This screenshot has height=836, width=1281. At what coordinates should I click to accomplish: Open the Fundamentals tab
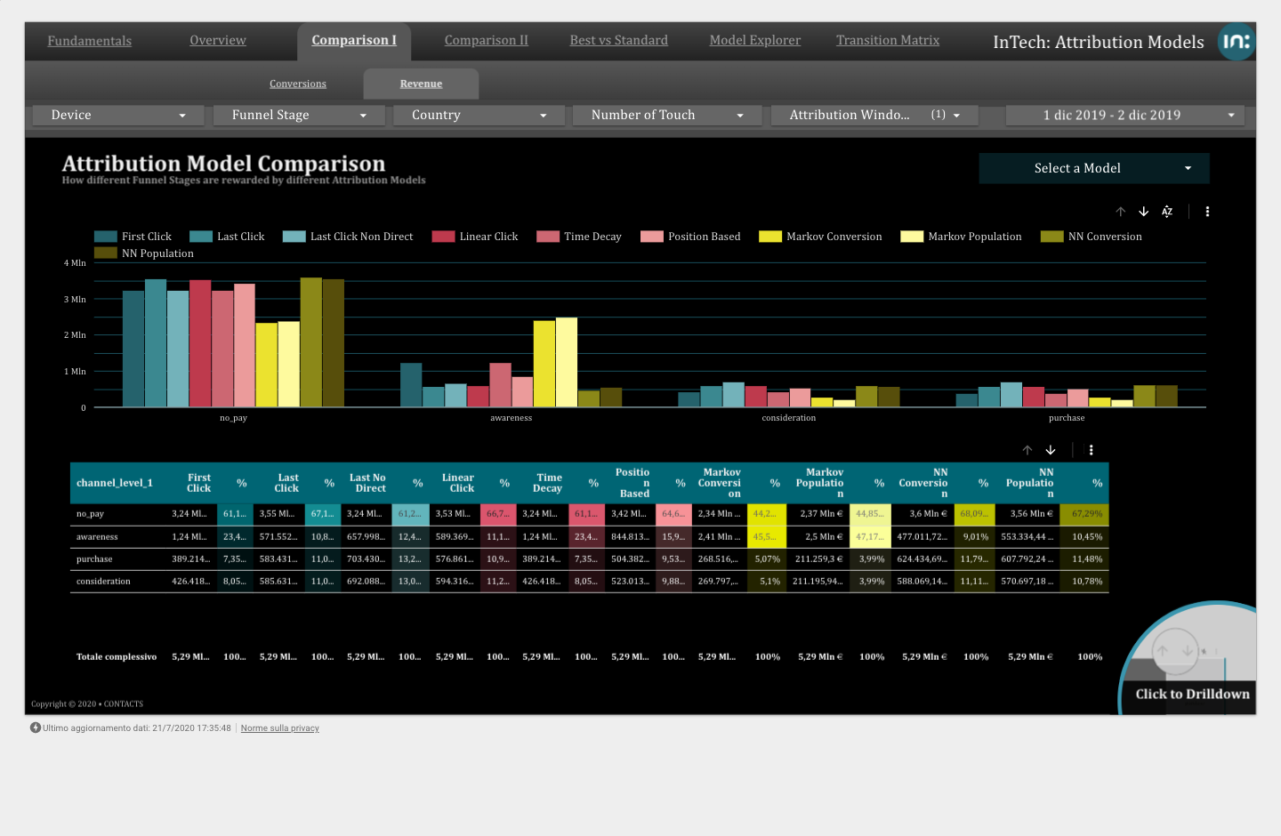(89, 41)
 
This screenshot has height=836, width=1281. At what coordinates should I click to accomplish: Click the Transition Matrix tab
(887, 40)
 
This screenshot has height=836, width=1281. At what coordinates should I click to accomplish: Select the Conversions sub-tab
(298, 84)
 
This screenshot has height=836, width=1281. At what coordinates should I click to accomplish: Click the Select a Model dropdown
(1093, 168)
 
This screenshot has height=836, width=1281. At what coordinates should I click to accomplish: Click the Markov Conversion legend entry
(834, 237)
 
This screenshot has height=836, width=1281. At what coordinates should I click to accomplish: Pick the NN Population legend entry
(157, 253)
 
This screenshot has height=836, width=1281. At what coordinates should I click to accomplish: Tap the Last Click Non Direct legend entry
(361, 237)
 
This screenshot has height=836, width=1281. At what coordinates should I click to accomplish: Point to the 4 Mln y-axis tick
(75, 263)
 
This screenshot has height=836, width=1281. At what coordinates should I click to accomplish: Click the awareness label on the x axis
(511, 418)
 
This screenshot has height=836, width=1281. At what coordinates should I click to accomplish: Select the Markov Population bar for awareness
(567, 362)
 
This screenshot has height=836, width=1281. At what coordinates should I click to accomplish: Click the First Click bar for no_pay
(133, 349)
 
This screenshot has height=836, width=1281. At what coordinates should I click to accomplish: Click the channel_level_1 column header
(115, 483)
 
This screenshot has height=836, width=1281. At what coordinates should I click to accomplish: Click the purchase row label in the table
(94, 559)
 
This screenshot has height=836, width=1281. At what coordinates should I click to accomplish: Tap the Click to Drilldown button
(1192, 694)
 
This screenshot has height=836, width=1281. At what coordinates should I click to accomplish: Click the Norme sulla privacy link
(279, 728)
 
